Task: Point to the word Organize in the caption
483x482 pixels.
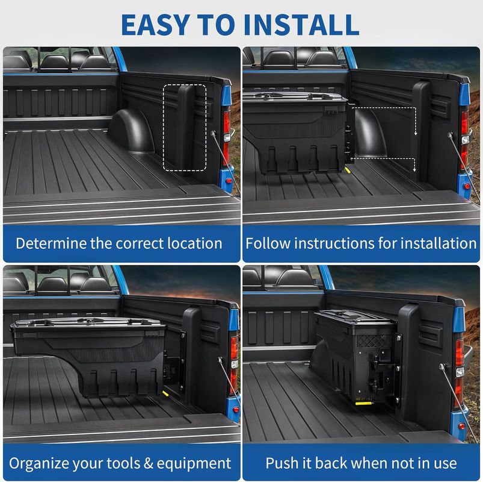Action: coord(42,463)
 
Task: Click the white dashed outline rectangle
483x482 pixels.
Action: coord(184,127)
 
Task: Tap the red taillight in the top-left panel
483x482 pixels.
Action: coord(227,130)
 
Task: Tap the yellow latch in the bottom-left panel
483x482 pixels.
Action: coord(164,392)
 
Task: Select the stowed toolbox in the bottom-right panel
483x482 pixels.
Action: coord(355,355)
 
